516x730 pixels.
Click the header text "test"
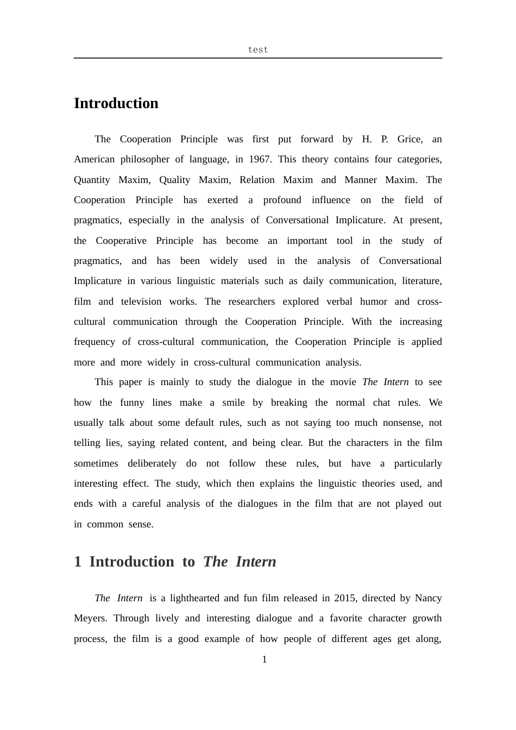[x=258, y=49]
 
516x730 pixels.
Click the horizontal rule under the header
[x=258, y=58]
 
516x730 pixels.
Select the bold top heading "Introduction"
[x=116, y=103]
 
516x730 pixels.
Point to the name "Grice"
[x=410, y=139]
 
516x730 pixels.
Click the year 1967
[x=260, y=159]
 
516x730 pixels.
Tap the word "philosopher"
[x=145, y=159]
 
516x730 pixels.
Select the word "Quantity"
[x=92, y=180]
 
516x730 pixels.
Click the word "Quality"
[x=175, y=180]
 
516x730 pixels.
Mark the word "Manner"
[x=361, y=180]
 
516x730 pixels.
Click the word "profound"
[x=282, y=200]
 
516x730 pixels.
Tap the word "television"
[x=141, y=301]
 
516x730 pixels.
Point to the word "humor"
[x=374, y=301]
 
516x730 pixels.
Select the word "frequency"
[x=95, y=342]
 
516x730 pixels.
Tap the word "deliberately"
[x=152, y=463]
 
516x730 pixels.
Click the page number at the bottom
[x=265, y=659]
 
